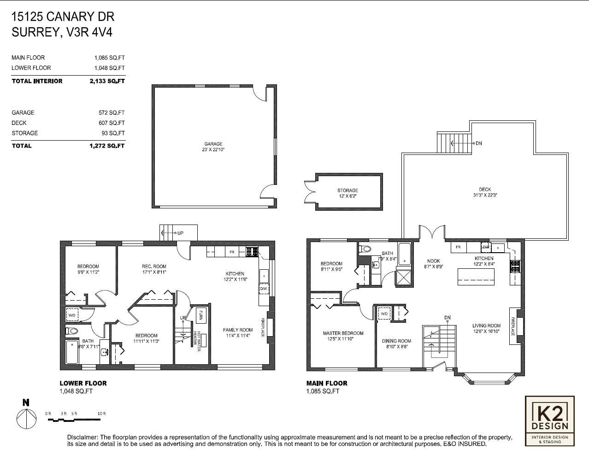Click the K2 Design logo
[x=550, y=420]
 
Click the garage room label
[x=213, y=144]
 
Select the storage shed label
[x=348, y=190]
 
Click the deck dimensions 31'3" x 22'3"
[x=485, y=195]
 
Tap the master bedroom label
[x=343, y=333]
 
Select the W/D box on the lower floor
[x=72, y=315]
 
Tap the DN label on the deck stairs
[x=479, y=143]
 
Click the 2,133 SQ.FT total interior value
[x=107, y=81]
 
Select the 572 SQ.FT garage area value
[x=107, y=113]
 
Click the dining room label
[x=396, y=341]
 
